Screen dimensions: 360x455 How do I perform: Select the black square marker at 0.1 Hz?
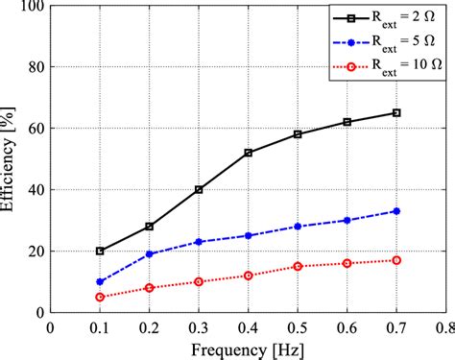pos(100,251)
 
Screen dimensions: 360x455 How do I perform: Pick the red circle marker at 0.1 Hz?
pos(100,297)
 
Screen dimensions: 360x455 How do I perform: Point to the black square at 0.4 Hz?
pos(248,153)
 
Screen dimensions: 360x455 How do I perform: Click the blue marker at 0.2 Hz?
pos(149,253)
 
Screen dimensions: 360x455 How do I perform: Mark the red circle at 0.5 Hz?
pos(298,266)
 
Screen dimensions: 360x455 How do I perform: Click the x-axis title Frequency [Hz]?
pos(248,348)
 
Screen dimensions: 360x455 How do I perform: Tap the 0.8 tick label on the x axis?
pos(443,326)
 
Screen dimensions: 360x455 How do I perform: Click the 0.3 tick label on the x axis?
pos(198,326)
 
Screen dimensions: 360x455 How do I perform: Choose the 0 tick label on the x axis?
pos(51,326)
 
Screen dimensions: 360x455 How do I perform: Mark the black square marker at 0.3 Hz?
pos(199,189)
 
